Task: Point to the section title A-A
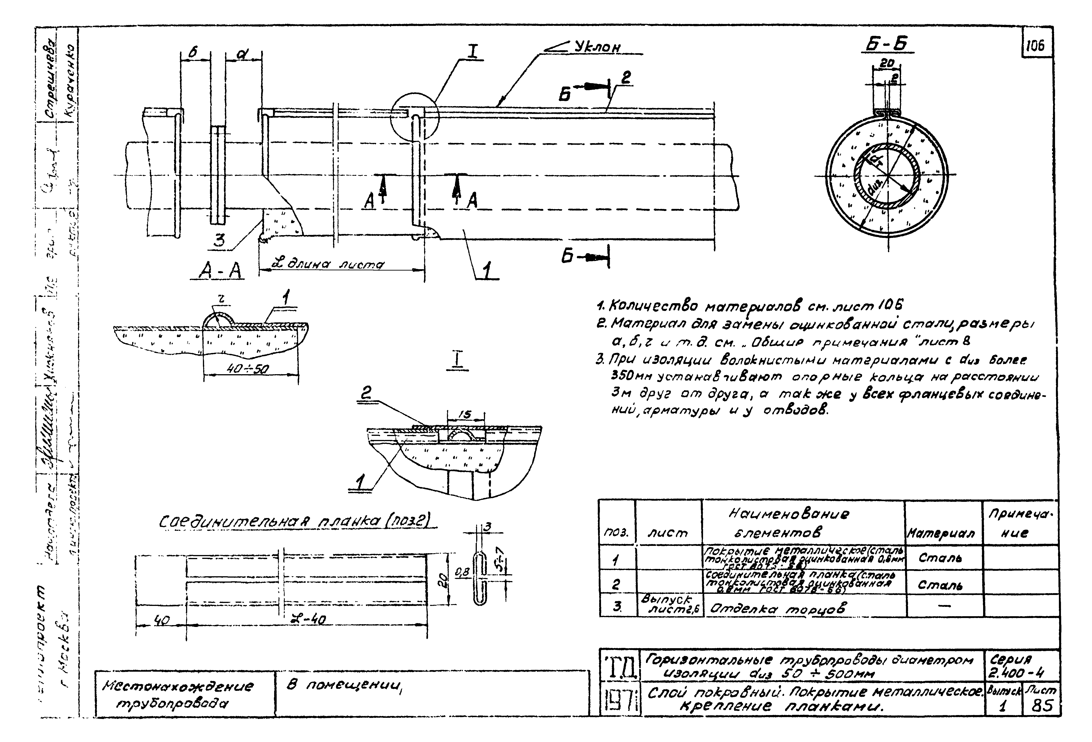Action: point(220,271)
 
